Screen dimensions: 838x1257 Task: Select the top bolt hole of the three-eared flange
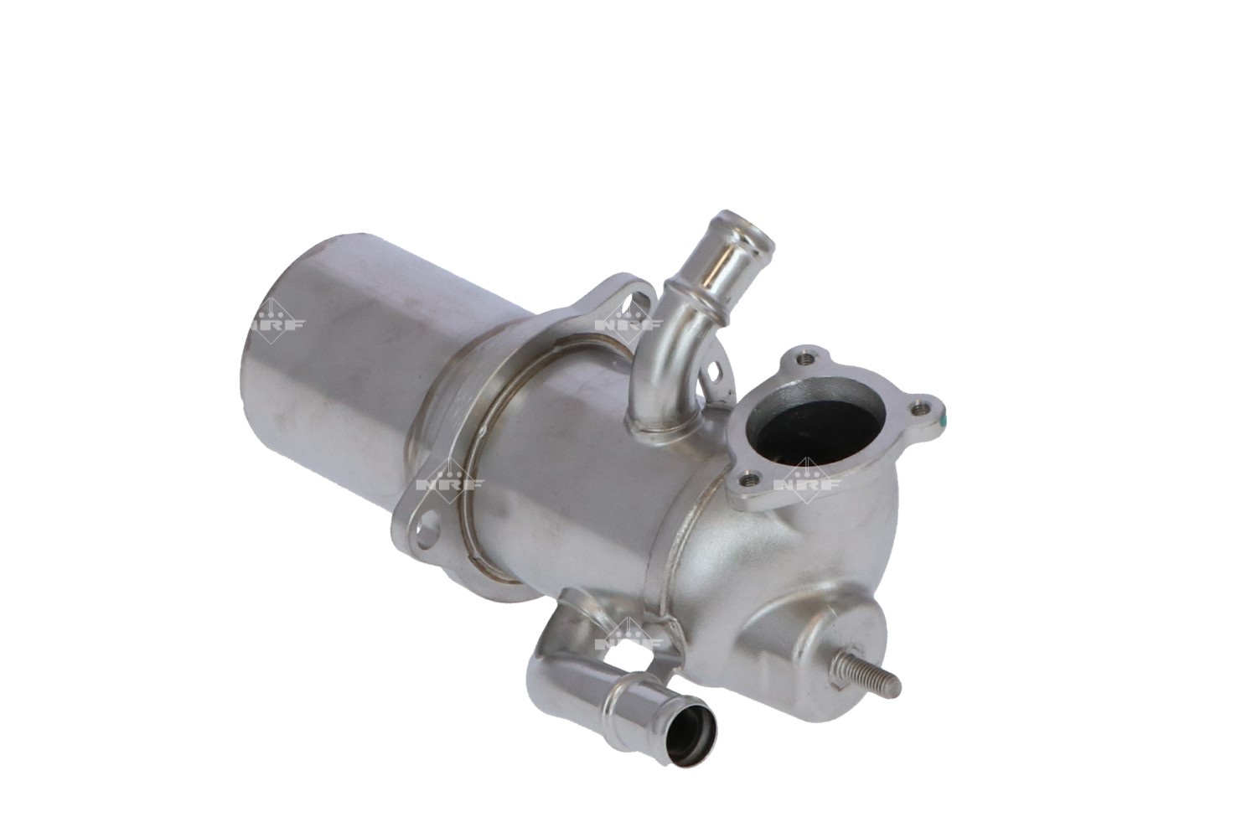(x=806, y=359)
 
